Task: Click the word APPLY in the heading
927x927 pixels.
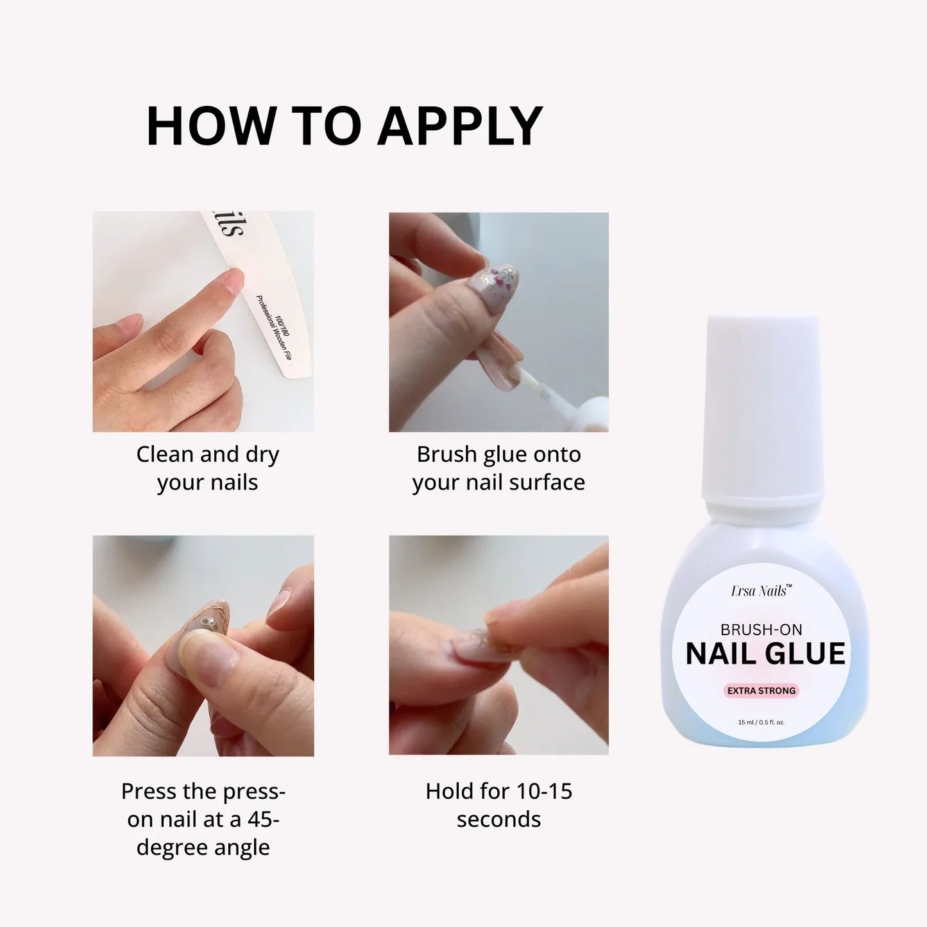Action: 459,126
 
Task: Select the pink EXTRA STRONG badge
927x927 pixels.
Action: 761,691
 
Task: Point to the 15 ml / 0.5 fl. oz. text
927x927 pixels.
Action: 761,722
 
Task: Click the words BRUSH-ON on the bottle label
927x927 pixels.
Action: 761,630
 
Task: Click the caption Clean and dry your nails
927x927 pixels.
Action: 208,468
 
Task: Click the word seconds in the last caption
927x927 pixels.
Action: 498,819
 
